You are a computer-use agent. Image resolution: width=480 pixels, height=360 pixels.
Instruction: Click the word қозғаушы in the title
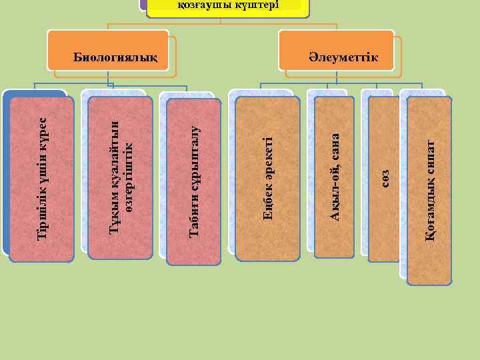click(201, 5)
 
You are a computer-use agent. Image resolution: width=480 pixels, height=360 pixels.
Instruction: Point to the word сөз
click(385, 178)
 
